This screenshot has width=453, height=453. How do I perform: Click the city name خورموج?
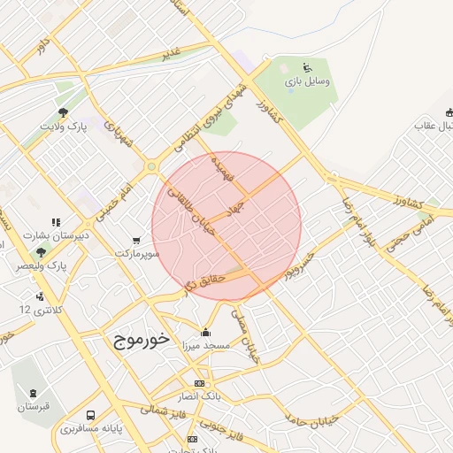[141, 341]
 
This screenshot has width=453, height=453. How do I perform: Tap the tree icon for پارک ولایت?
[63, 112]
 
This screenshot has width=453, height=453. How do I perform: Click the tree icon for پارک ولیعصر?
[41, 252]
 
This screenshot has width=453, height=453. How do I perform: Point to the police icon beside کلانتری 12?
[40, 296]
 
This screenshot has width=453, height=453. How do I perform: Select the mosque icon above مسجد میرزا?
[206, 332]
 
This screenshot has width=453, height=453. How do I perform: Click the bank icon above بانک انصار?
[199, 383]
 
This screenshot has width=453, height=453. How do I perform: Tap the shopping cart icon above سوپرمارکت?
[135, 240]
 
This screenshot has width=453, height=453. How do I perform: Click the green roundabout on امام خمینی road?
[151, 165]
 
